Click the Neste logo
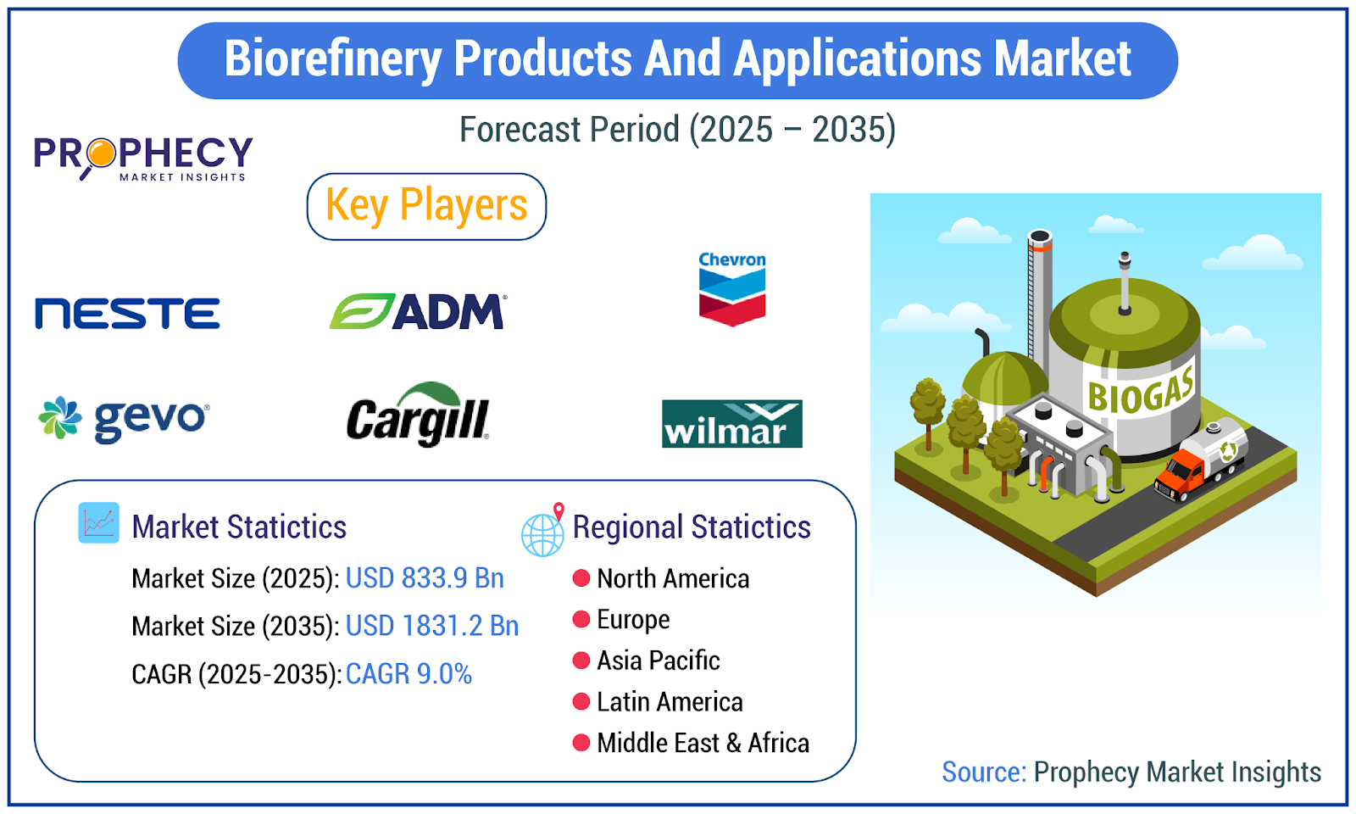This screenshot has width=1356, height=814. pyautogui.click(x=127, y=313)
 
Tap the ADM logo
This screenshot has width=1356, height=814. pyautogui.click(x=418, y=311)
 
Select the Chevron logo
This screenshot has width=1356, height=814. pyautogui.click(x=732, y=289)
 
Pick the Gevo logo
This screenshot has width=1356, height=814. pyautogui.click(x=124, y=418)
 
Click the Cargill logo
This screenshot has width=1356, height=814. pyautogui.click(x=418, y=415)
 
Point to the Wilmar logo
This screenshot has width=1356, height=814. pyautogui.click(x=732, y=423)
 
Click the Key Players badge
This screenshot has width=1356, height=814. pyautogui.click(x=426, y=207)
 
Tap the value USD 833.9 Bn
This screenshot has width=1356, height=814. pyautogui.click(x=425, y=577)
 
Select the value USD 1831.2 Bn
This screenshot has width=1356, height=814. pyautogui.click(x=431, y=626)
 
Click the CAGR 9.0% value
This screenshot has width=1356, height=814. pyautogui.click(x=408, y=673)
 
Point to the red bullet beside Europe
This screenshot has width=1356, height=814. pyautogui.click(x=581, y=619)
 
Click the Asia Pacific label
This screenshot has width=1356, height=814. pyautogui.click(x=658, y=661)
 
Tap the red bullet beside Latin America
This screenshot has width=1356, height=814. pyautogui.click(x=581, y=701)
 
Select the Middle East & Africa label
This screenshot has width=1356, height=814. pyautogui.click(x=703, y=743)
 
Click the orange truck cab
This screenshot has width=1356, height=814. pyautogui.click(x=1178, y=475)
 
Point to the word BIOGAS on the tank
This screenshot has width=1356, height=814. pyautogui.click(x=1141, y=388)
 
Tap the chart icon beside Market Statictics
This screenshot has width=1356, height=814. pyautogui.click(x=98, y=522)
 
